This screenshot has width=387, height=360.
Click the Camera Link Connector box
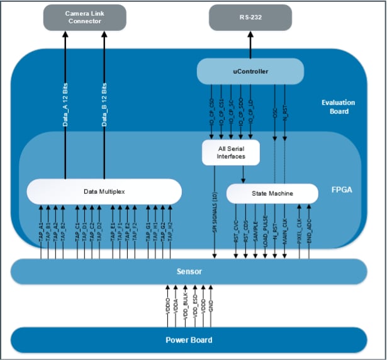85,17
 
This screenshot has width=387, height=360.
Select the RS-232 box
250,17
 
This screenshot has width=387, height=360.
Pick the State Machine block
267,193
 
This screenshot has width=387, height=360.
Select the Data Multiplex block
104,191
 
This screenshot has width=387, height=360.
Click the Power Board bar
189,340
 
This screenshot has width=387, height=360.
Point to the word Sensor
189,271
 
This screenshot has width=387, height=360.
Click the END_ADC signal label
309,230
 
